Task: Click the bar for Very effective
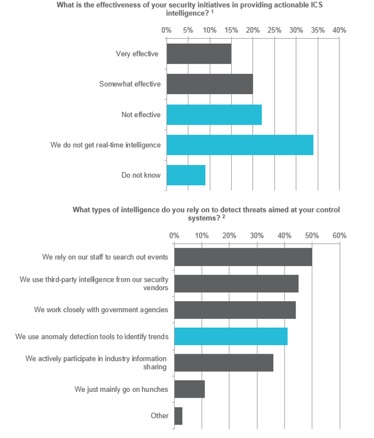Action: [199, 54]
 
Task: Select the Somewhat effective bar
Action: [210, 84]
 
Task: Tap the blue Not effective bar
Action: [214, 115]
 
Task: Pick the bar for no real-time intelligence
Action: [240, 145]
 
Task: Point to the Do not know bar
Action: [186, 175]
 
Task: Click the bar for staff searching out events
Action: [243, 257]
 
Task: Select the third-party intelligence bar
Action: [236, 283]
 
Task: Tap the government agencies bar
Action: [235, 309]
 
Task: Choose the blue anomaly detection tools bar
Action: [231, 336]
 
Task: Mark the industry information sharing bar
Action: [224, 362]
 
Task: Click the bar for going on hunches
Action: [189, 389]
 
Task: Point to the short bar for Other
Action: [178, 415]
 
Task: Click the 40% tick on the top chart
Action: [339, 29]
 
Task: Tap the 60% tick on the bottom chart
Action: [339, 235]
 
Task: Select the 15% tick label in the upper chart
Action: [231, 29]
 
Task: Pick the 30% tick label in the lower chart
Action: [256, 235]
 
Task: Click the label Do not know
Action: [141, 175]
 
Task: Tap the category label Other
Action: [160, 415]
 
